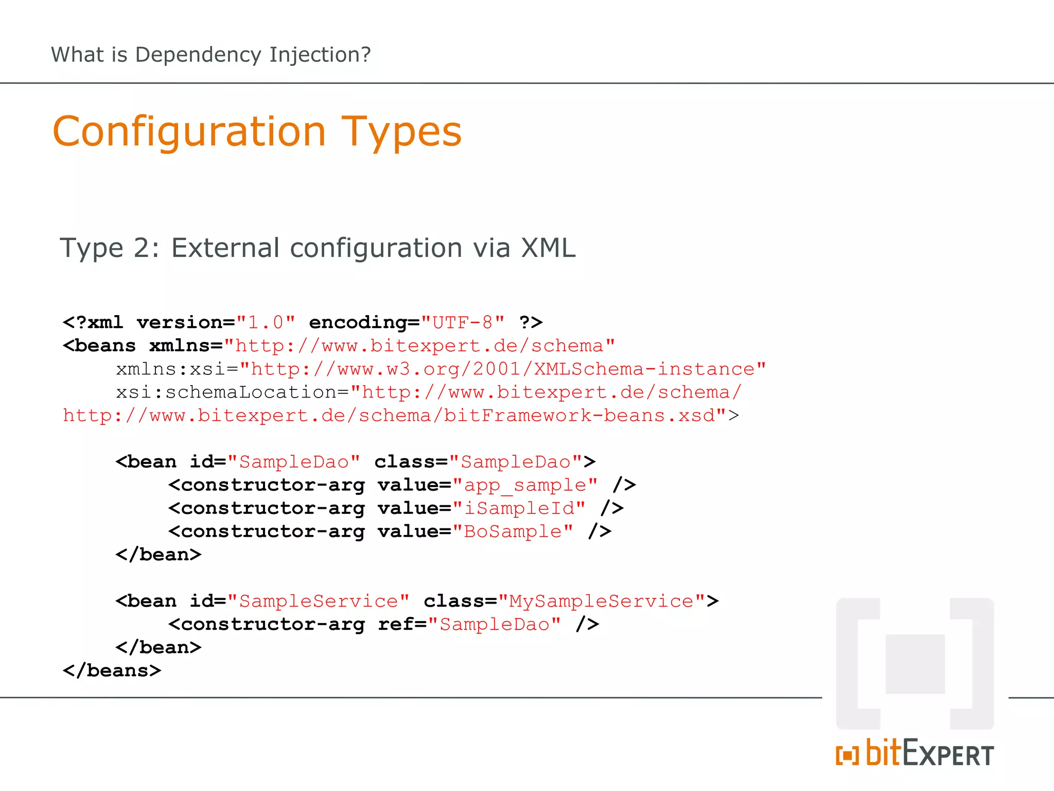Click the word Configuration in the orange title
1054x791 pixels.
pos(189,132)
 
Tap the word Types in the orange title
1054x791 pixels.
pos(401,132)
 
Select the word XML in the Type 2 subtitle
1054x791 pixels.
pos(548,248)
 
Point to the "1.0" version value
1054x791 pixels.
pos(266,322)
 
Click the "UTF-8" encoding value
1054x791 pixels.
pos(463,322)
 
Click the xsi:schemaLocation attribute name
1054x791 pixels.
pos(226,392)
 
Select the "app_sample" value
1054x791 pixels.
pos(525,485)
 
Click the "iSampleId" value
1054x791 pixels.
pos(519,508)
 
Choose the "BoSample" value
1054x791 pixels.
pos(513,531)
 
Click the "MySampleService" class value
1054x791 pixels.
pos(601,601)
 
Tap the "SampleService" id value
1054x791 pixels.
pos(319,601)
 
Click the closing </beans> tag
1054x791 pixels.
pos(112,670)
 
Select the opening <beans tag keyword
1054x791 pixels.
pos(99,346)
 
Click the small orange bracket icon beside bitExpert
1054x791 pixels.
pos(847,755)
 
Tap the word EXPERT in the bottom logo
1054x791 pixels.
pos(948,755)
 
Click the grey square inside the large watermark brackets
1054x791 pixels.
pos(915,664)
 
